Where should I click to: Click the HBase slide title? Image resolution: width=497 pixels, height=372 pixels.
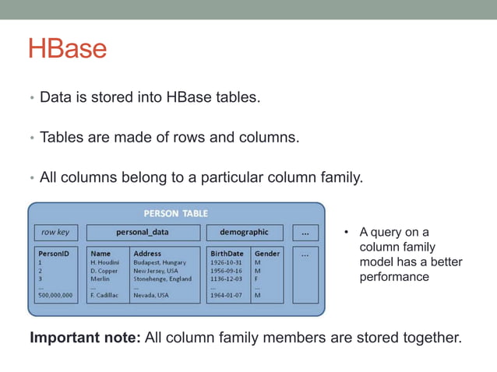67,48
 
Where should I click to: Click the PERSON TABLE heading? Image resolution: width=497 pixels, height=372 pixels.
176,213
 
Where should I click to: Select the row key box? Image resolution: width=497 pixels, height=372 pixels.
55,232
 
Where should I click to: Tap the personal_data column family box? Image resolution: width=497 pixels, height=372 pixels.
143,232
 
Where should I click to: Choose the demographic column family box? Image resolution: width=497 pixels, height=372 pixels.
244,232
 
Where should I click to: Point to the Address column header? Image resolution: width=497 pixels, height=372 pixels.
148,254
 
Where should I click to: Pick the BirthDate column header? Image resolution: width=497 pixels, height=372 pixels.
227,254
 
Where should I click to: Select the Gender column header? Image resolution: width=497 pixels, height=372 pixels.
267,254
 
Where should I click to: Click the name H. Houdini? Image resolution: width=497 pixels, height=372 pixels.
105,263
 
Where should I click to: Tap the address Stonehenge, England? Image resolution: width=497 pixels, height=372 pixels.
162,279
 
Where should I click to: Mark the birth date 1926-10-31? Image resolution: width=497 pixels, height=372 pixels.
226,263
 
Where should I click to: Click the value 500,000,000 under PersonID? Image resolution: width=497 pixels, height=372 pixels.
55,296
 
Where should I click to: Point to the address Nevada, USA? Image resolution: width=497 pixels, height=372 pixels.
151,296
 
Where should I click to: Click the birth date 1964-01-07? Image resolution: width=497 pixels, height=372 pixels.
226,296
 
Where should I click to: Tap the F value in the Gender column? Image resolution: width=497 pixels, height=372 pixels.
257,279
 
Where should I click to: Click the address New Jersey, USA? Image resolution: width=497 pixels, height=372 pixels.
156,271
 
